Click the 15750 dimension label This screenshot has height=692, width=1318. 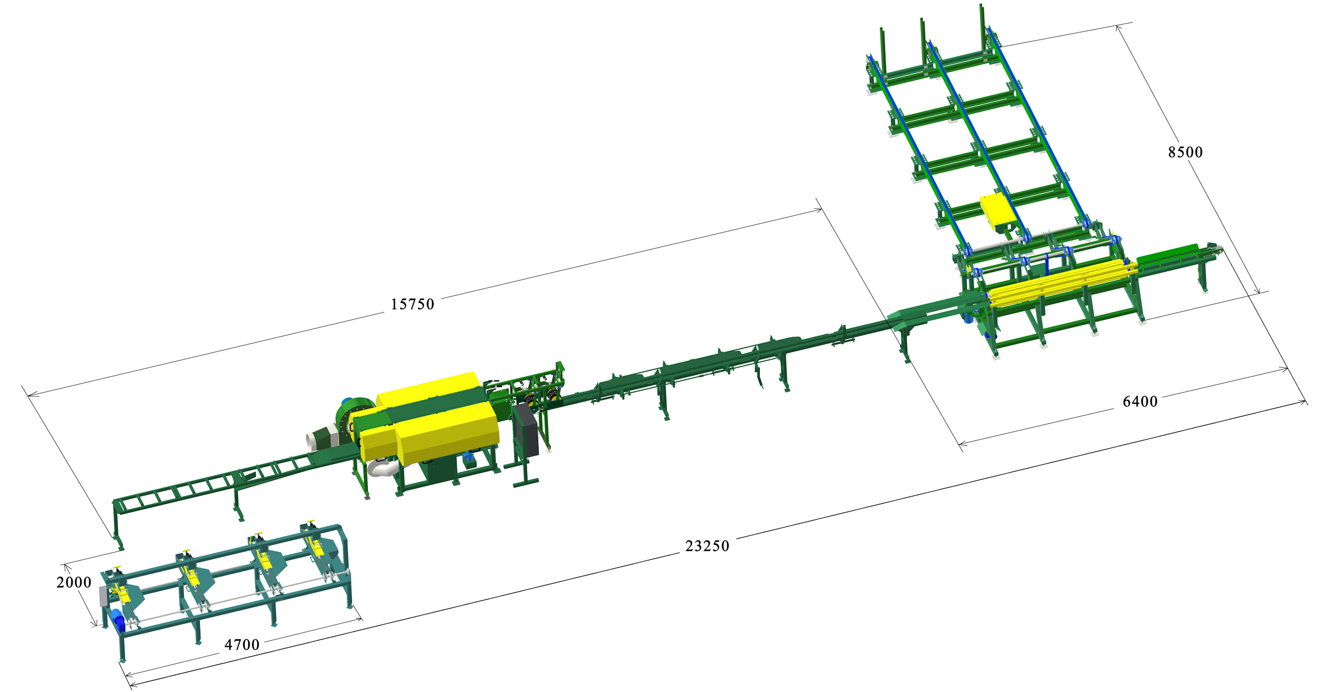(412, 304)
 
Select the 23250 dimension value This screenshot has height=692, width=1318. (707, 546)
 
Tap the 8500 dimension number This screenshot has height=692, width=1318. (1185, 152)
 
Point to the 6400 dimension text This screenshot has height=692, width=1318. (1140, 402)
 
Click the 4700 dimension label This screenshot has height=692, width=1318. (241, 645)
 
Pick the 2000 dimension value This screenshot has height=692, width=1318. (74, 583)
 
